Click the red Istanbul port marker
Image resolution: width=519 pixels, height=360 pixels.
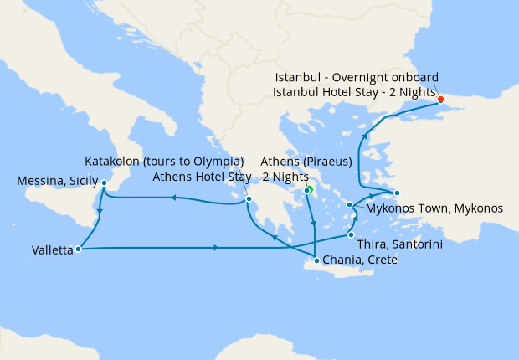pos(441,100)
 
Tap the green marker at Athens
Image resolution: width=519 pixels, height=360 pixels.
pos(307,191)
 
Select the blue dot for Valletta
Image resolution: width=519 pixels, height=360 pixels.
pos(77,249)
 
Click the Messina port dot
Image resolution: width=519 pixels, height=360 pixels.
pos(104,183)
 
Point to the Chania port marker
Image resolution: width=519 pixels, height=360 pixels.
pos(316,262)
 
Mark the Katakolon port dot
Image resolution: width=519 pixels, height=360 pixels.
pos(249,198)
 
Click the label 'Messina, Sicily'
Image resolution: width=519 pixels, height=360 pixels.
pos(56,182)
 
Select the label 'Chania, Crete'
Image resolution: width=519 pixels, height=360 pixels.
pos(359,261)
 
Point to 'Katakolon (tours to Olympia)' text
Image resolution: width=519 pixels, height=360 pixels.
pos(164,161)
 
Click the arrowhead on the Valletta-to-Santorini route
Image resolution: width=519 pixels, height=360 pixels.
pos(217,248)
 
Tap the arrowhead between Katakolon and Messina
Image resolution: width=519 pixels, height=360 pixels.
pos(172,198)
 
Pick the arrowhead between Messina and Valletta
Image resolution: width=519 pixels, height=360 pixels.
pos(99,213)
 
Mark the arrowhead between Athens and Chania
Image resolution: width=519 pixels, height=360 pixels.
pos(313,223)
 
